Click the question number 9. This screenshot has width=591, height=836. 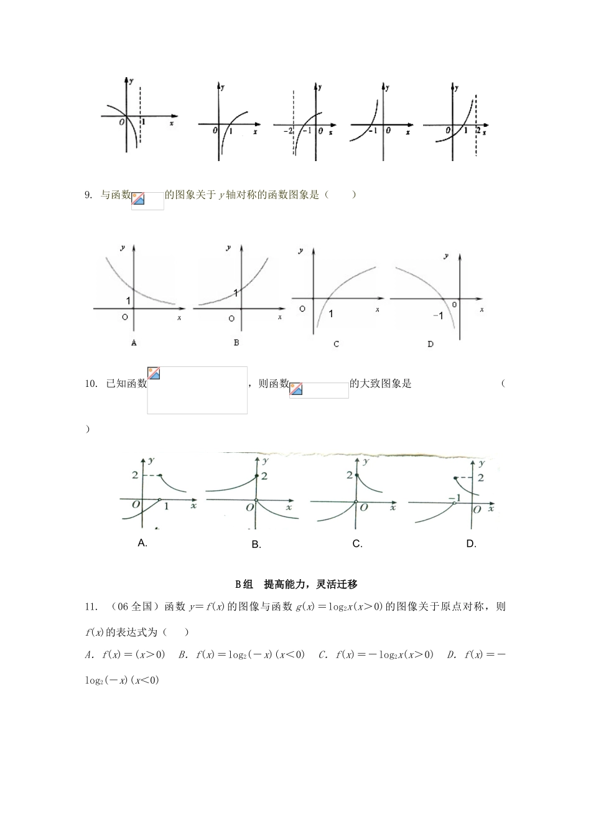pyautogui.click(x=88, y=195)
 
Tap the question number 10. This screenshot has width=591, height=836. pyautogui.click(x=91, y=383)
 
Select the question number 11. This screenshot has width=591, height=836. pyautogui.click(x=91, y=606)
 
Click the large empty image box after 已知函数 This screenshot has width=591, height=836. pyautogui.click(x=197, y=390)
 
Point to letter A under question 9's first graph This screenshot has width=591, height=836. pyautogui.click(x=134, y=343)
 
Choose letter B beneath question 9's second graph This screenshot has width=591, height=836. pyautogui.click(x=236, y=343)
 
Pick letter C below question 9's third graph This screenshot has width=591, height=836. pyautogui.click(x=336, y=344)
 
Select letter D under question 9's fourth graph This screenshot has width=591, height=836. pyautogui.click(x=430, y=344)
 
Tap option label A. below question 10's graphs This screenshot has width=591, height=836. pyautogui.click(x=142, y=543)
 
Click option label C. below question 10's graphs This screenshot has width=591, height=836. pyautogui.click(x=357, y=544)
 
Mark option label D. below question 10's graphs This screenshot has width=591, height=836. pyautogui.click(x=471, y=544)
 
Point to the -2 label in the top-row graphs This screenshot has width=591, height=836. pyautogui.click(x=287, y=131)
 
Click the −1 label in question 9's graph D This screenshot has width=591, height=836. pyautogui.click(x=438, y=316)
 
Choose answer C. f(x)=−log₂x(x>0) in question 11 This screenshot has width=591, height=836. pyautogui.click(x=376, y=654)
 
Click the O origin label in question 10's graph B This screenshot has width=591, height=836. pyautogui.click(x=249, y=508)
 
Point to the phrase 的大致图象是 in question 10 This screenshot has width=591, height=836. pyautogui.click(x=381, y=383)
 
